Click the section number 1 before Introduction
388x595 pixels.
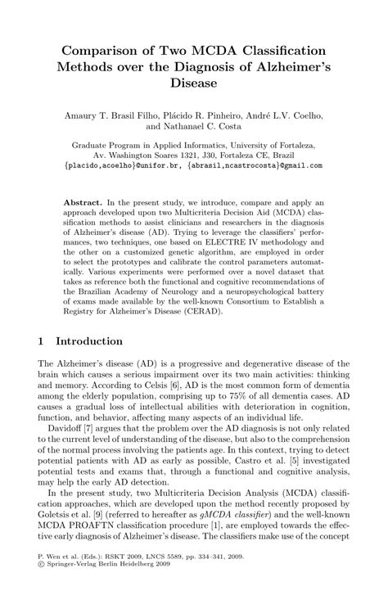pyautogui.click(x=43, y=340)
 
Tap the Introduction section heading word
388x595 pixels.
pyautogui.click(x=88, y=340)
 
